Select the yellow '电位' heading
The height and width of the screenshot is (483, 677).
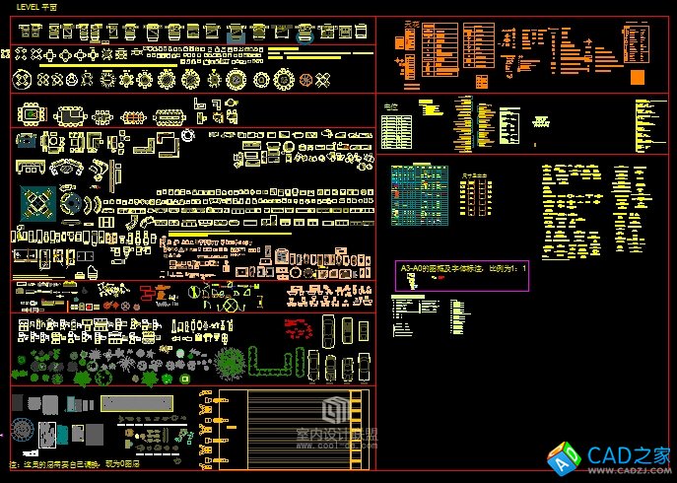pos(390,105)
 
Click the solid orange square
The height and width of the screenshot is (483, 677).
pos(638,78)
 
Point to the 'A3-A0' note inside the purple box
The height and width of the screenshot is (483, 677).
pos(462,268)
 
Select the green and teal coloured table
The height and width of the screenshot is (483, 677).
pos(422,192)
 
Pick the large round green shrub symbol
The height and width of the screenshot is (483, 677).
pos(231,361)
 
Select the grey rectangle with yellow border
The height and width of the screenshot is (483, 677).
pos(137,403)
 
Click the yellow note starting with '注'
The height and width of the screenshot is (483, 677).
pos(74,463)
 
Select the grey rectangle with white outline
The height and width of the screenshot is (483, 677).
pos(89,435)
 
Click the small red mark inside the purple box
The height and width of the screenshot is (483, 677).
pos(414,281)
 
